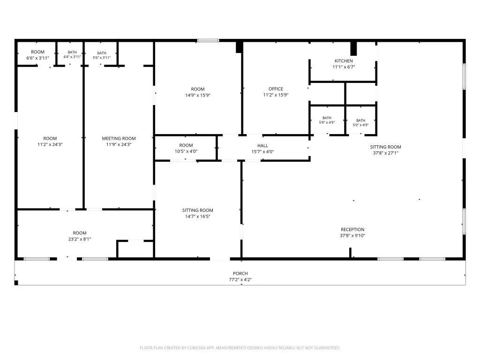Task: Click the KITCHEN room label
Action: (344, 61)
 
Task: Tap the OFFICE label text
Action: (276, 89)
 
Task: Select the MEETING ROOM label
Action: (119, 138)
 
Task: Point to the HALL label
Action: (262, 146)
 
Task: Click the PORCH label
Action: (240, 273)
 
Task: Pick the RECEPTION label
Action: (352, 230)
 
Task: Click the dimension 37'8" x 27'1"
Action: (385, 153)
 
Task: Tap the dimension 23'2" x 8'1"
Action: (80, 239)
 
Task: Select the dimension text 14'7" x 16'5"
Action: (198, 217)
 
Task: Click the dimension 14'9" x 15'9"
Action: (198, 95)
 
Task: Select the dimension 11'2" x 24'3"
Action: (50, 144)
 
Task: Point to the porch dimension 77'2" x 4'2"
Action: (240, 279)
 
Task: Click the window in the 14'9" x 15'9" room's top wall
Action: (208, 40)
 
